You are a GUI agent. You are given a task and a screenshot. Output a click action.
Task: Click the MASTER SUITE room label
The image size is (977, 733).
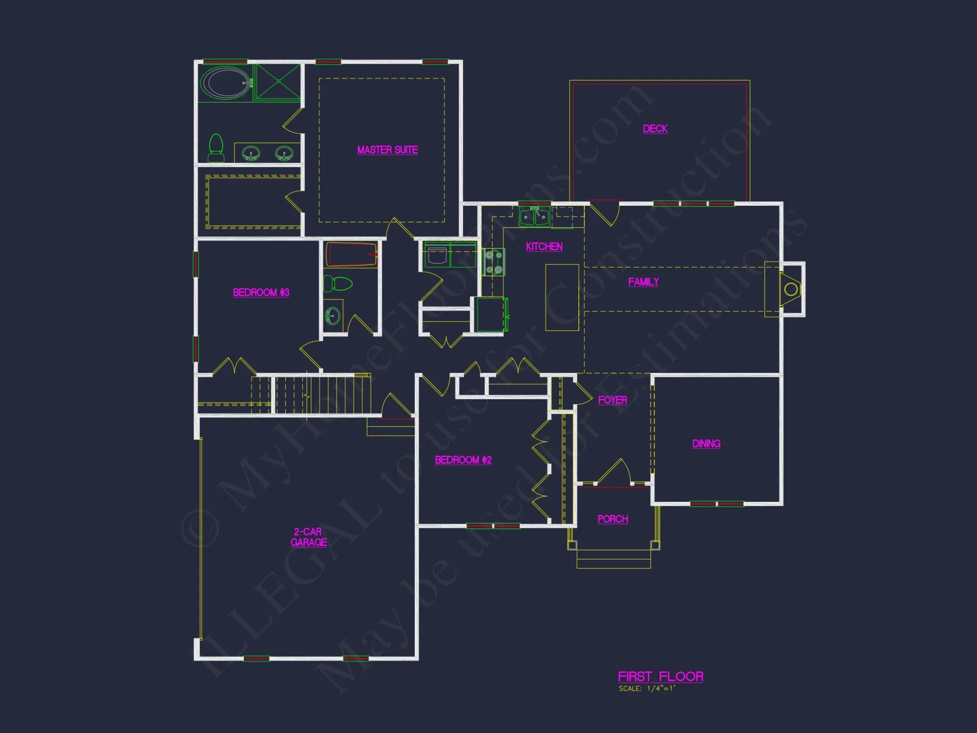[x=387, y=150]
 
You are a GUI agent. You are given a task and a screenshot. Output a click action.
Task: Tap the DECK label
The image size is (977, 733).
[x=655, y=129]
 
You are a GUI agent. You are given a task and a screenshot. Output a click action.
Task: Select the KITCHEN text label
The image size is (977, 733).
[x=544, y=247]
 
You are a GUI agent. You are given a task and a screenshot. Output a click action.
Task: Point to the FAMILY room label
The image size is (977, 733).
[x=643, y=282]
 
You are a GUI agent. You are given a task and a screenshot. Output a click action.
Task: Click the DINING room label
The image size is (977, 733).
[x=706, y=444]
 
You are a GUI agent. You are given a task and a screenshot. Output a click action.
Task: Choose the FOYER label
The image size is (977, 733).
[x=612, y=400]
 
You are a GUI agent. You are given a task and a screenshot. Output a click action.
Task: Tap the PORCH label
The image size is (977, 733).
[x=613, y=519]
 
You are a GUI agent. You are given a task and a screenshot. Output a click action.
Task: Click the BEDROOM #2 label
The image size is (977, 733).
[x=463, y=460]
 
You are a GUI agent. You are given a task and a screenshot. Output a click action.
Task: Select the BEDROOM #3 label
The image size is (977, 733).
[x=261, y=293]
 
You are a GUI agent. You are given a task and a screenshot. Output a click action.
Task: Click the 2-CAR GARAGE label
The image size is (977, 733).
[x=308, y=537]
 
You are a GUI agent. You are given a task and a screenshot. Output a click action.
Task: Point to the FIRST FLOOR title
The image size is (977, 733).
[x=660, y=677]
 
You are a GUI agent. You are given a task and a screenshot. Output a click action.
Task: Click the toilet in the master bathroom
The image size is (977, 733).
[x=216, y=148]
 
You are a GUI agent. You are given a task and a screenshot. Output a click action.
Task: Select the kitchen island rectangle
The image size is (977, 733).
[x=562, y=297]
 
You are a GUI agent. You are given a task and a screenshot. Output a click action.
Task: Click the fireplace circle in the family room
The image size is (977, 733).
[x=790, y=289]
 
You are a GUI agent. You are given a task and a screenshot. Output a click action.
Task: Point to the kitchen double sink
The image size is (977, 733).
[x=534, y=216]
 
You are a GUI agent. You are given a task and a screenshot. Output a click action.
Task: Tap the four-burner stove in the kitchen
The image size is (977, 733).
[x=493, y=262]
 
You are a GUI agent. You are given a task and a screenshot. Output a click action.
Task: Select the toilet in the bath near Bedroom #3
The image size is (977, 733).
[x=339, y=283]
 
